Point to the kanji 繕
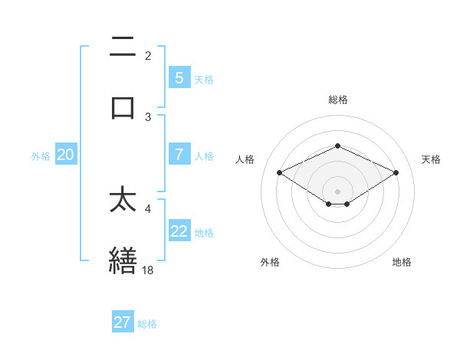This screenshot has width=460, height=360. [123, 260]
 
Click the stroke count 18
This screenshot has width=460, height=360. [148, 270]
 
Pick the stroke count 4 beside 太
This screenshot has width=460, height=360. [148, 208]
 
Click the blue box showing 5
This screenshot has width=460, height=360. [179, 77]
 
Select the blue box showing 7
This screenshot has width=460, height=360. [179, 155]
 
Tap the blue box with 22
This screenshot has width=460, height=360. [179, 231]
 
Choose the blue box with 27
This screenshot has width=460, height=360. [123, 322]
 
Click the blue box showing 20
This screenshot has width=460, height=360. [66, 155]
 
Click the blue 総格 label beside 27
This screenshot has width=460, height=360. [147, 323]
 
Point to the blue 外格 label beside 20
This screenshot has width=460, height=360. [41, 155]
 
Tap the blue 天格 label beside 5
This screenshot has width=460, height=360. [204, 78]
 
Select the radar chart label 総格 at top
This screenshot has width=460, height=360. [337, 100]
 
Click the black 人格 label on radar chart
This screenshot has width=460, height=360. [245, 159]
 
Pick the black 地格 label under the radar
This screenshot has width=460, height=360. [402, 263]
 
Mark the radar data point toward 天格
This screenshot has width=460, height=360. [396, 173]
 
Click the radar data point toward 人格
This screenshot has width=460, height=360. [280, 172]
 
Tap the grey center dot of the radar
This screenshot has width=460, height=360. [337, 191]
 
